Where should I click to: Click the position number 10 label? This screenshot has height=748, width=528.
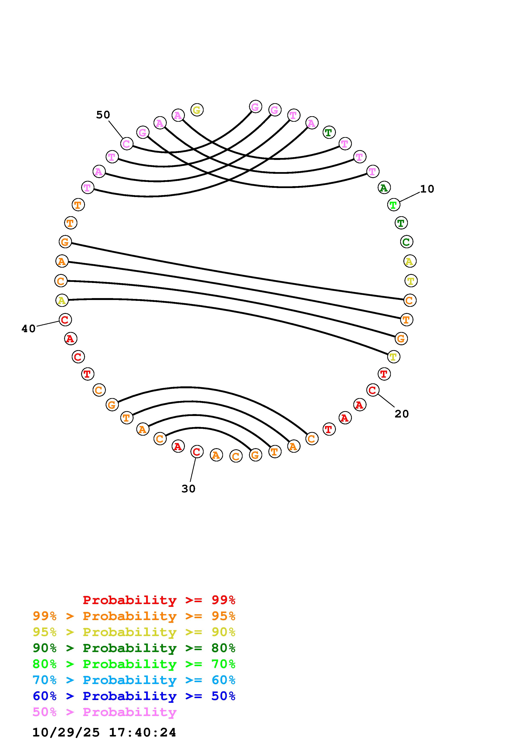click(427, 189)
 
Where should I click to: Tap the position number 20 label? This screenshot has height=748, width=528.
click(401, 414)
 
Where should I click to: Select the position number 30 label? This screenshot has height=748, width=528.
click(188, 489)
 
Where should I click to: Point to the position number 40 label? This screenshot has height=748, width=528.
click(28, 329)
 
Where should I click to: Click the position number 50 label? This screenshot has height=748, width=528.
click(103, 115)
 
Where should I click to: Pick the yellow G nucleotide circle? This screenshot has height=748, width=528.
click(197, 110)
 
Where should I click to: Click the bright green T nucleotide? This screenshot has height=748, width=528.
click(394, 205)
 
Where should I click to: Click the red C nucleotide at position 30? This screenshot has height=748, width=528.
click(197, 452)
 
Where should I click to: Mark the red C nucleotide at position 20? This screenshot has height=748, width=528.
click(373, 390)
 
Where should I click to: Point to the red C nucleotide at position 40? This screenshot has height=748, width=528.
click(65, 320)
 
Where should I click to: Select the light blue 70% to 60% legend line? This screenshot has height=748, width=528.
click(134, 680)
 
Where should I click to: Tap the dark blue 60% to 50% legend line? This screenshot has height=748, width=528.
click(134, 696)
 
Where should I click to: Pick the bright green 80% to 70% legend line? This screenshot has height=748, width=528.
click(134, 664)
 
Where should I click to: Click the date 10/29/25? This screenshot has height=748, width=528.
click(66, 733)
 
